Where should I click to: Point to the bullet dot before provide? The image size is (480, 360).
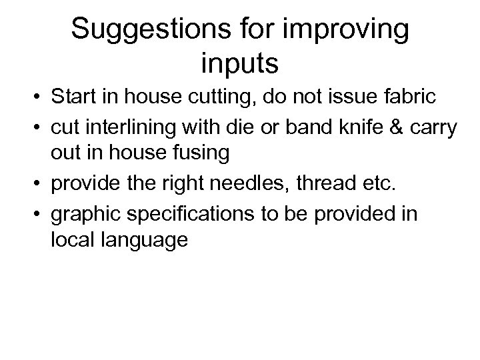point(31,182)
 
